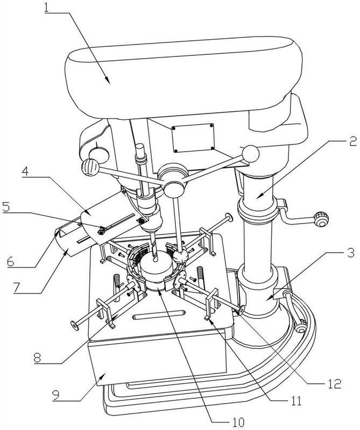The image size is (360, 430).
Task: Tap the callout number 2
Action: pyautogui.click(x=352, y=141)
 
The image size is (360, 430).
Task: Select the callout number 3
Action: pyautogui.click(x=350, y=253)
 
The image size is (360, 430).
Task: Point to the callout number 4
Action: pyautogui.click(x=25, y=171)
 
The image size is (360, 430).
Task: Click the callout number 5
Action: pyautogui.click(x=6, y=207)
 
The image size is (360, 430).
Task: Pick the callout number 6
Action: pyautogui.click(x=11, y=262)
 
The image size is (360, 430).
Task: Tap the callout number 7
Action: pyautogui.click(x=17, y=288)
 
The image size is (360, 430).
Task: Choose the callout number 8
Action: pyautogui.click(x=38, y=358)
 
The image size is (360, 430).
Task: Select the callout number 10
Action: pyautogui.click(x=238, y=422)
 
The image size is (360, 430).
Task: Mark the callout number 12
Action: pyautogui.click(x=335, y=384)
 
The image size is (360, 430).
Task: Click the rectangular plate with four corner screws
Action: pyautogui.click(x=193, y=138)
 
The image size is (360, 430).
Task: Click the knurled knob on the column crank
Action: pyautogui.click(x=321, y=219)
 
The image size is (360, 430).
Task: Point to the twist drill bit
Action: pyautogui.click(x=153, y=247)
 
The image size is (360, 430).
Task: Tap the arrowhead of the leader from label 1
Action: pyautogui.click(x=108, y=81)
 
